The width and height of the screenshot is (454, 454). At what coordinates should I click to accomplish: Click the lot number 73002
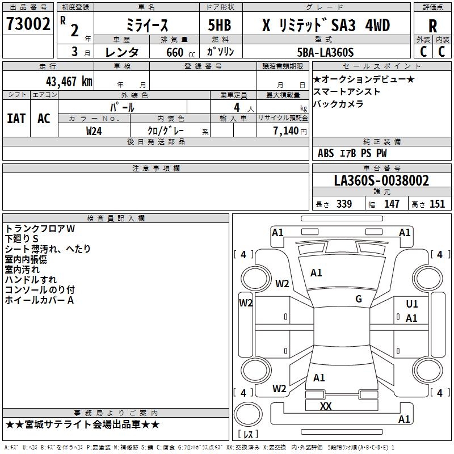(x=28, y=24)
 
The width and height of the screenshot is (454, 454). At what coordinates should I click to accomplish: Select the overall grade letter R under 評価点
(x=432, y=26)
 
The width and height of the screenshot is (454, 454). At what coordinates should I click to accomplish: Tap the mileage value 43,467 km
(x=69, y=82)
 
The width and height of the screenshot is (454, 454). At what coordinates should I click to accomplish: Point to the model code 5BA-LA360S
(x=325, y=52)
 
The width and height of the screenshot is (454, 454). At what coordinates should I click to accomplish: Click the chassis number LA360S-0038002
(x=381, y=180)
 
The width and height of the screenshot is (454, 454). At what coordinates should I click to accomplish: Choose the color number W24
(x=94, y=131)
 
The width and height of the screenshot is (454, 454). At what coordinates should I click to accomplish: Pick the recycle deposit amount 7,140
(x=286, y=131)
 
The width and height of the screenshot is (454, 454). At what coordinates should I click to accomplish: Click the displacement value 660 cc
(x=180, y=53)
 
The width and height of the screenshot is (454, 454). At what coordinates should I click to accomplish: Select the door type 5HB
(x=220, y=25)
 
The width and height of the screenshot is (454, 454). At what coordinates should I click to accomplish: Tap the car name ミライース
(x=147, y=26)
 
